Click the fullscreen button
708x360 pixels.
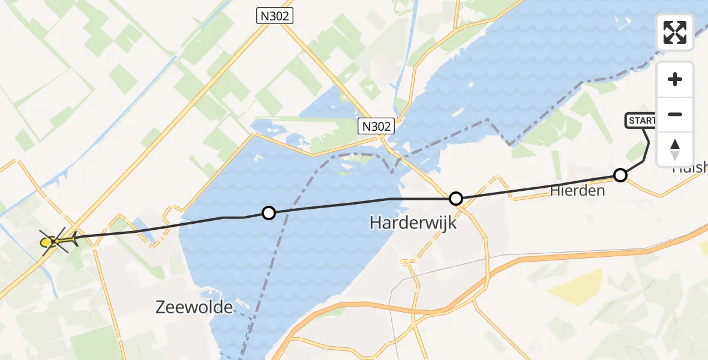click(x=675, y=32)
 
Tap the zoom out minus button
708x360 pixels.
click(x=675, y=114)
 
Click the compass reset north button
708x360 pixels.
click(x=675, y=149)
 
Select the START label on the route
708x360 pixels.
click(x=640, y=121)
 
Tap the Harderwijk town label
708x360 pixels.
click(x=413, y=223)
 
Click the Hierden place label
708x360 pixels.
click(x=578, y=191)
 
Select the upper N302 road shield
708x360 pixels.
click(x=275, y=17)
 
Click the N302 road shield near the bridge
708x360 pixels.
click(x=377, y=127)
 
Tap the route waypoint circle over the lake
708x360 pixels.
click(x=269, y=212)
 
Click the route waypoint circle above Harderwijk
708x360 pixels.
click(x=456, y=198)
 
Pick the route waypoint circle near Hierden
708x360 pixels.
click(x=620, y=175)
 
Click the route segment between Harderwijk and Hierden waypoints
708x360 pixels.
click(x=538, y=187)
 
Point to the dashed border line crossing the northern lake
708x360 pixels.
click(x=540, y=114)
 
